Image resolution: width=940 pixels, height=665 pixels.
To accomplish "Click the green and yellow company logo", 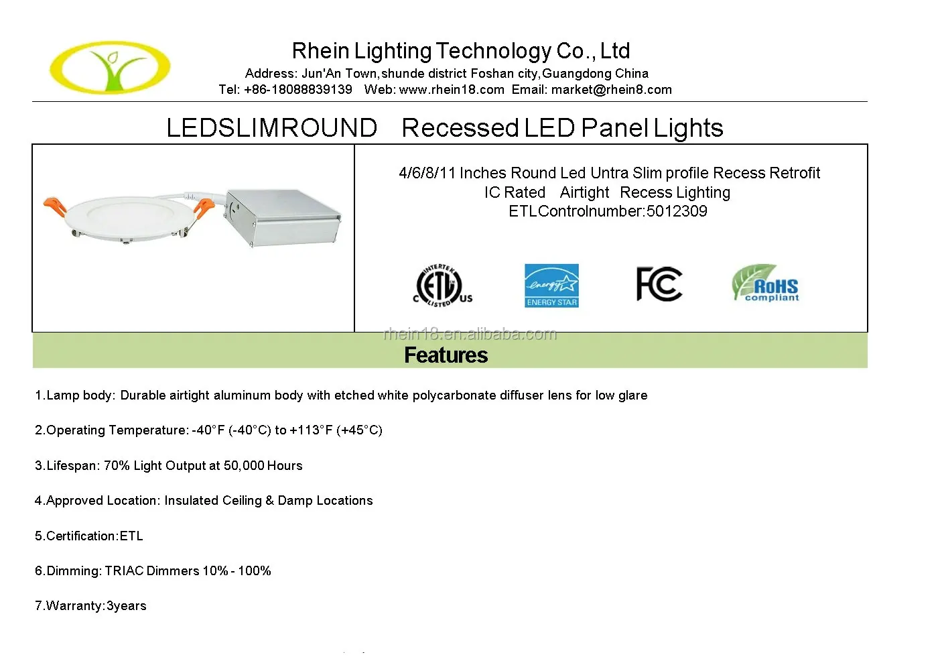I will (x=110, y=67).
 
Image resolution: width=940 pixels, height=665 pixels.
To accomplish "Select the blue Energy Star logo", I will (x=551, y=286).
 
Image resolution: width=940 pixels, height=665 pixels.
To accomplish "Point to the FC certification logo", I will (x=659, y=284).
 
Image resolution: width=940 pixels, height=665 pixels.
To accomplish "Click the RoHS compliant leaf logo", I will (x=765, y=283).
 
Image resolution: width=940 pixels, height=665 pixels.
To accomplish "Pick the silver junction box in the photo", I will (x=283, y=217).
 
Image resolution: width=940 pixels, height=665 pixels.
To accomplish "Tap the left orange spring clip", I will (x=55, y=206).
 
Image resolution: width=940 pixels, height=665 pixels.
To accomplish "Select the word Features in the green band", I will (x=446, y=355).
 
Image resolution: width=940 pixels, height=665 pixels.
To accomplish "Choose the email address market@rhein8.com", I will (x=611, y=90).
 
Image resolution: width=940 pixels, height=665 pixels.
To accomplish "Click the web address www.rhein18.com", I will (x=452, y=90).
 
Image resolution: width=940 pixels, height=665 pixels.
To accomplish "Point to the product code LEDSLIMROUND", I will (x=271, y=128).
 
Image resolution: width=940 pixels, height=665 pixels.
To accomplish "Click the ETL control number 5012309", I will (x=677, y=211).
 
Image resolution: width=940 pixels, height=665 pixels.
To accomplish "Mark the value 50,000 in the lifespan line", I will (x=244, y=466).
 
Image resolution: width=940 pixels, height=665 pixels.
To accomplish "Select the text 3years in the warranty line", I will (x=126, y=606).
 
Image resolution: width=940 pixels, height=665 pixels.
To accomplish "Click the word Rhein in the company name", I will (x=320, y=51).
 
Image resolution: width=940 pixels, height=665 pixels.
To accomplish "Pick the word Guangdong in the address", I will (x=572, y=74).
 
